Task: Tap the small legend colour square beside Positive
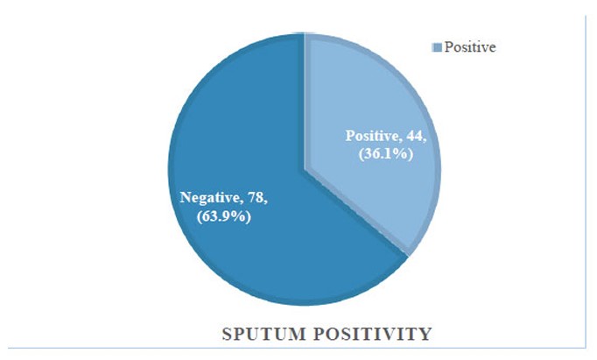click(x=437, y=47)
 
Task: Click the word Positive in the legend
click(x=470, y=47)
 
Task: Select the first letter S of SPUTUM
click(x=227, y=335)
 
